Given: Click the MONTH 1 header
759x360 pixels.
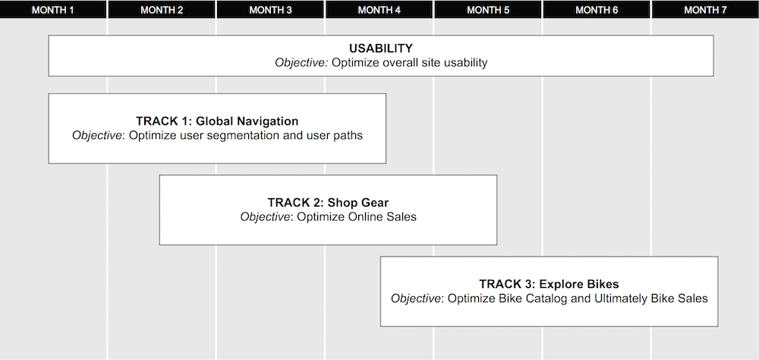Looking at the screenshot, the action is pyautogui.click(x=53, y=10).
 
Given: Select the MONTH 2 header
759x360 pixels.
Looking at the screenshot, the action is pyautogui.click(x=162, y=10).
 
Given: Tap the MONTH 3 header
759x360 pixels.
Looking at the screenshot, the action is pyautogui.click(x=271, y=10).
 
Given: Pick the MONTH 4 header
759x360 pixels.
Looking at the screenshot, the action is pyautogui.click(x=379, y=10).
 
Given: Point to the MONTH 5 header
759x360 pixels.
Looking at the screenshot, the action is pyautogui.click(x=488, y=10).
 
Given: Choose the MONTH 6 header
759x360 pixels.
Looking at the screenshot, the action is pyautogui.click(x=597, y=10).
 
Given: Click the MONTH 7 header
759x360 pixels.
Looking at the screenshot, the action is pyautogui.click(x=706, y=10).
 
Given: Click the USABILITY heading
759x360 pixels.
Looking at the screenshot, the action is pyautogui.click(x=381, y=49).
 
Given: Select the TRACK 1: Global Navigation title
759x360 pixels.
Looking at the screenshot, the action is pyautogui.click(x=217, y=121).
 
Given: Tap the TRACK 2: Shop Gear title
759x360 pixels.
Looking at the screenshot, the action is pyautogui.click(x=328, y=203).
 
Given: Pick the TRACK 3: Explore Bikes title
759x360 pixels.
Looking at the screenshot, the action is pyautogui.click(x=549, y=284).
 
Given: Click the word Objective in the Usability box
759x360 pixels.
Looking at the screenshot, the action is pyautogui.click(x=301, y=62).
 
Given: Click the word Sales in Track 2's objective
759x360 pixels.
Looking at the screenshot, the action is pyautogui.click(x=402, y=216).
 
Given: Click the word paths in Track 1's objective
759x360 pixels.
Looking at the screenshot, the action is pyautogui.click(x=348, y=136).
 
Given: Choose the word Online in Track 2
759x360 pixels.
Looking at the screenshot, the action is pyautogui.click(x=366, y=216).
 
